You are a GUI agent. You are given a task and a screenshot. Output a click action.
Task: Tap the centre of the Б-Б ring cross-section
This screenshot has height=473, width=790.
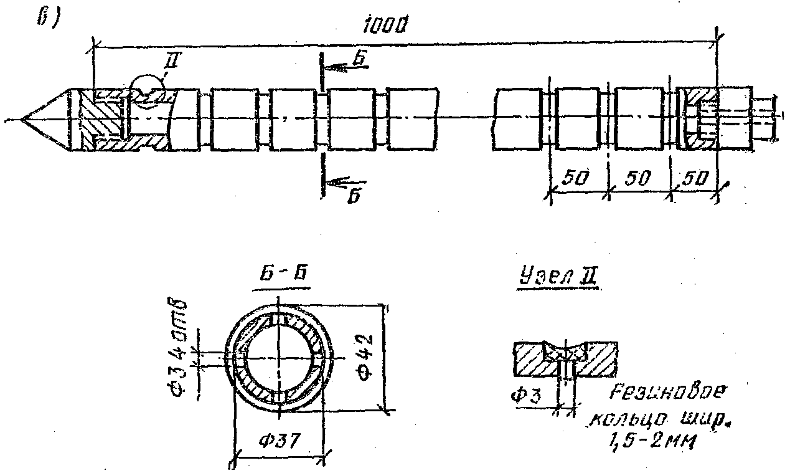click(278, 360)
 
